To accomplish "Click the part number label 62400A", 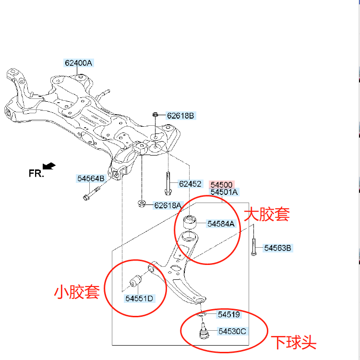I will click(x=79, y=63).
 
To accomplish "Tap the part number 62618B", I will click(x=180, y=116).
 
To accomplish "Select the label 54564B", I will click(x=91, y=179).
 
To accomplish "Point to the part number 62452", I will click(x=190, y=183).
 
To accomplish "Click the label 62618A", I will click(x=168, y=205).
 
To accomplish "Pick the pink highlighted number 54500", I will click(x=221, y=184).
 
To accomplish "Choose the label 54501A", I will click(x=224, y=192).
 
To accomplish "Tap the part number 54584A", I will click(x=221, y=224).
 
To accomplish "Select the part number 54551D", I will click(x=139, y=299).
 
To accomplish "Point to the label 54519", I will click(x=228, y=315).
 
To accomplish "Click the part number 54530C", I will click(x=232, y=331).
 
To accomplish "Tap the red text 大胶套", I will click(x=267, y=214).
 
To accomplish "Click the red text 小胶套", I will click(x=77, y=291).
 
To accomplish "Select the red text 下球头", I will click(x=294, y=342).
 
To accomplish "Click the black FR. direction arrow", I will click(x=49, y=166).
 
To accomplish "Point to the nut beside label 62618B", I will click(x=156, y=115).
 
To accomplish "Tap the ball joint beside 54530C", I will click(x=204, y=332).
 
